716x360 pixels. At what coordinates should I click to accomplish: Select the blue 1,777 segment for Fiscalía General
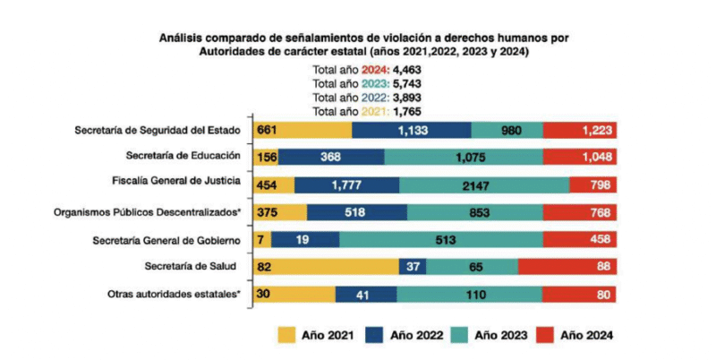346,184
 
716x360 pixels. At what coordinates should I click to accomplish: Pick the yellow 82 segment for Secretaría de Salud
327,267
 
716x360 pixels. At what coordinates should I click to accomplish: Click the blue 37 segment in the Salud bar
412,267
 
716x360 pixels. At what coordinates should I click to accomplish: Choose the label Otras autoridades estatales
175,294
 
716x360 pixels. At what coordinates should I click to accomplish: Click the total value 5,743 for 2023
407,82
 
